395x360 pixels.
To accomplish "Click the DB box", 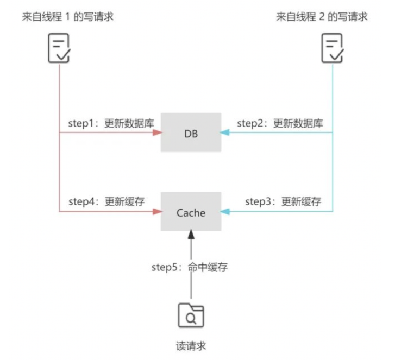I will click(x=191, y=132).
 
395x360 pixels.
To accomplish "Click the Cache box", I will click(x=191, y=212).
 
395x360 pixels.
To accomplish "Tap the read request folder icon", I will click(x=191, y=315).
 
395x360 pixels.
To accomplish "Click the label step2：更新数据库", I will click(x=280, y=123).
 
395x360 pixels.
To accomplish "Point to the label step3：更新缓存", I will click(x=283, y=201).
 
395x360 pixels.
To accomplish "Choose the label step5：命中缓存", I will click(x=181, y=267).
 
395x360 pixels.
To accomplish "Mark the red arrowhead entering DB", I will click(x=156, y=132).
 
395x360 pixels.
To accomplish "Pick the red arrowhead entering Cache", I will click(x=156, y=212).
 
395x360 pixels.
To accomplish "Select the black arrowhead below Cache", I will click(x=191, y=235).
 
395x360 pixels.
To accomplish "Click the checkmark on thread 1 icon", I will click(x=63, y=55).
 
